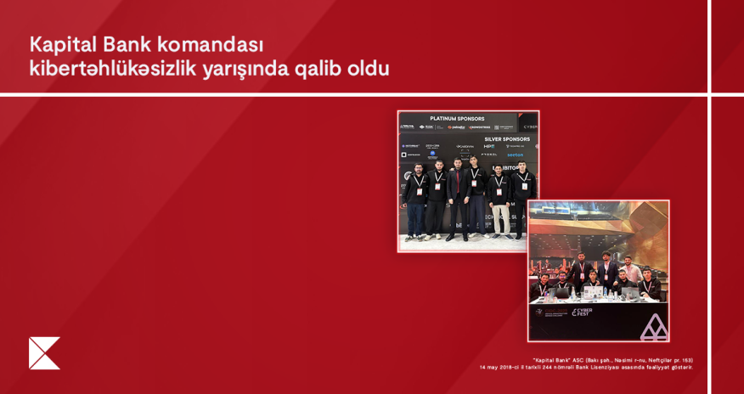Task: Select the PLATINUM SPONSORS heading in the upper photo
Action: pos(457,119)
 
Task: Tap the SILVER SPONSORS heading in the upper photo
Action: pos(507,138)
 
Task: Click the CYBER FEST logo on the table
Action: pos(582,314)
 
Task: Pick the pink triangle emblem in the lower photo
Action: pos(653,327)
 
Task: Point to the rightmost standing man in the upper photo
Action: pos(524,197)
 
